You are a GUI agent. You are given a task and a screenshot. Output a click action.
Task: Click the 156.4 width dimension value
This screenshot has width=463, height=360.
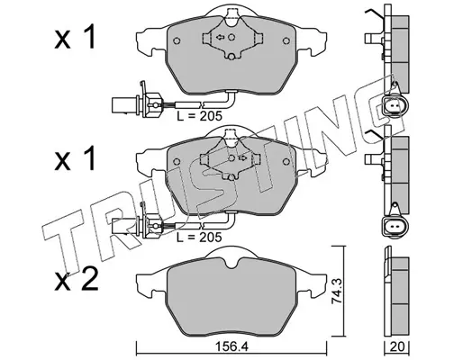click(232, 347)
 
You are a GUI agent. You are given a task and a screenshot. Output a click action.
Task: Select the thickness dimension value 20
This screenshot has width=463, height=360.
click(398, 347)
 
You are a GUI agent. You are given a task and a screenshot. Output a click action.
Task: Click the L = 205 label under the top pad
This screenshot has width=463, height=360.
click(199, 116)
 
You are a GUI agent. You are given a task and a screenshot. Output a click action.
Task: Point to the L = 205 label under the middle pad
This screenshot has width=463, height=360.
click(199, 237)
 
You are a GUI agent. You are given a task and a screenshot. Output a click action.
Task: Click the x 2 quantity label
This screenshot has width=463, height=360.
click(76, 279)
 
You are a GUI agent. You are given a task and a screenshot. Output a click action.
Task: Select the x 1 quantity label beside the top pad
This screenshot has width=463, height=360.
click(75, 38)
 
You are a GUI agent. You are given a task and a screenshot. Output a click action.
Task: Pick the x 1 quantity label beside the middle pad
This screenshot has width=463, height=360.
click(75, 158)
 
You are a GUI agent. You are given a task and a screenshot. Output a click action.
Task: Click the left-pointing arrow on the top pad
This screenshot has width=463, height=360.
click(220, 37)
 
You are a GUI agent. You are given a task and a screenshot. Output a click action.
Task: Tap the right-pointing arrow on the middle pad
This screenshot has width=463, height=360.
click(242, 157)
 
